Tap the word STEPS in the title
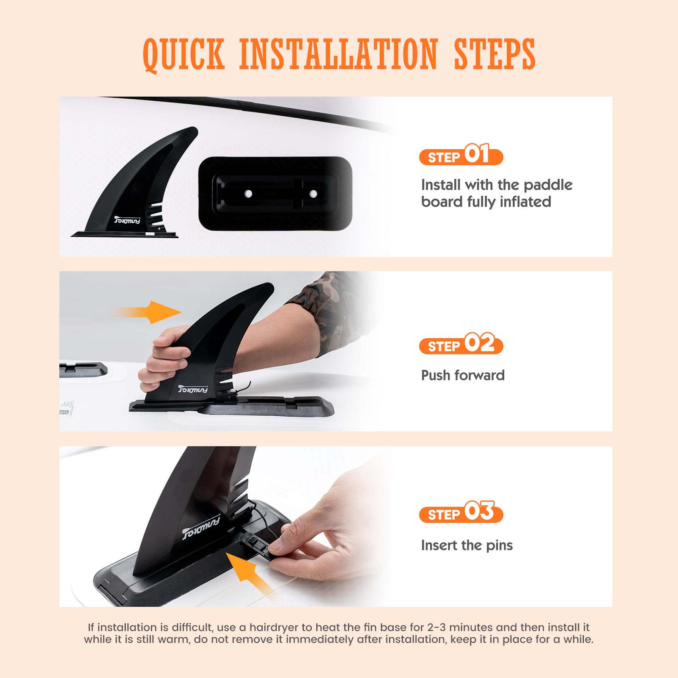[495, 54]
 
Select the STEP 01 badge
[461, 155]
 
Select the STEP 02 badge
[461, 344]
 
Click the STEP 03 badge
[461, 512]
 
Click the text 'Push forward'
[463, 375]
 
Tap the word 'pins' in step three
[499, 545]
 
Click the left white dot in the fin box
[249, 194]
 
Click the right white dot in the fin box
[313, 194]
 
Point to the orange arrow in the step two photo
[146, 313]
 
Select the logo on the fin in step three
[201, 527]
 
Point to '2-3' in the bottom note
[437, 628]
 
